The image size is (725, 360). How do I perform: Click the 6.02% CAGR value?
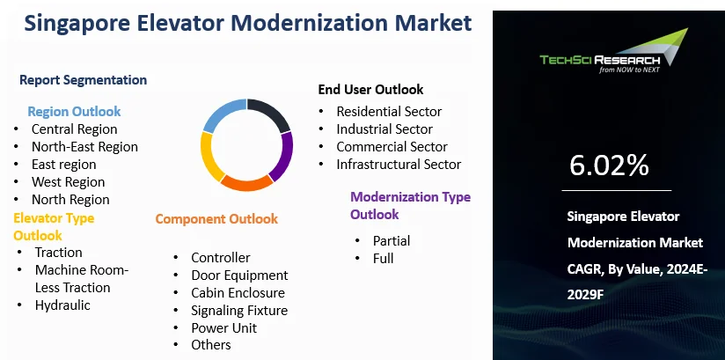(x=609, y=165)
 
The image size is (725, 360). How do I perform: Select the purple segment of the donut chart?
(x=282, y=156)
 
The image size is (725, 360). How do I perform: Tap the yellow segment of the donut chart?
(x=210, y=156)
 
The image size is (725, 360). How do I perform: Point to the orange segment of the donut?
(x=245, y=183)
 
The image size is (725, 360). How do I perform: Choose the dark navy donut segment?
(x=269, y=115)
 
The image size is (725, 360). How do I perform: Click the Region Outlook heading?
(x=74, y=112)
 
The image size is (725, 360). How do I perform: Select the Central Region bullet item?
(x=74, y=129)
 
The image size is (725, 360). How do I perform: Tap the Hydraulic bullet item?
(x=62, y=305)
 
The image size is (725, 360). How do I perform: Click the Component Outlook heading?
(x=216, y=219)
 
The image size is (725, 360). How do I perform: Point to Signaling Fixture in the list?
(x=239, y=310)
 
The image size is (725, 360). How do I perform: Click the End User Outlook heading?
(x=370, y=89)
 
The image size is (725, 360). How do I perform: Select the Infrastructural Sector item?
(x=399, y=164)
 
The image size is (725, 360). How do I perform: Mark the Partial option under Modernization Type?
(x=392, y=240)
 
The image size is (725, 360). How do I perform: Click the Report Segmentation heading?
(x=83, y=80)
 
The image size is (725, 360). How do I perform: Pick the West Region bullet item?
(x=68, y=182)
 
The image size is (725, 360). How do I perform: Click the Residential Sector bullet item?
(x=389, y=112)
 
